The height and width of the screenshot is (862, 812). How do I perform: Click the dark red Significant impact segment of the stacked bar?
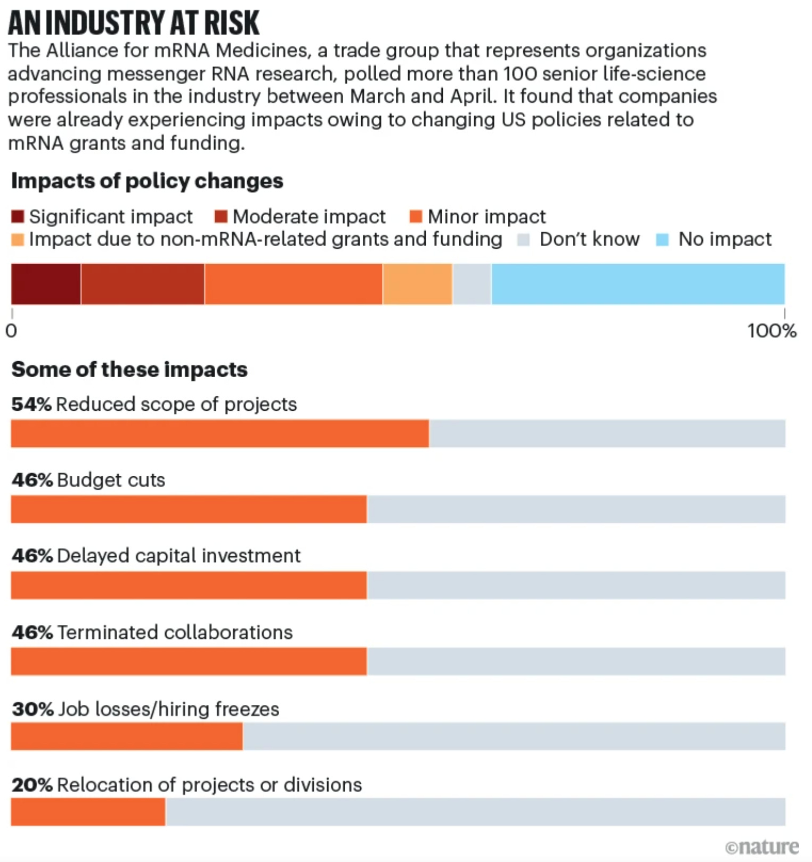click(x=46, y=284)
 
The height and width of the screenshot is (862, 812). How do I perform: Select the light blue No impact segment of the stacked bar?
click(x=638, y=284)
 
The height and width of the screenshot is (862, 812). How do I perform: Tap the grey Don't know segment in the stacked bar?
click(x=472, y=284)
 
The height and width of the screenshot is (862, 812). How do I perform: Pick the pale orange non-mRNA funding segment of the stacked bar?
click(x=417, y=284)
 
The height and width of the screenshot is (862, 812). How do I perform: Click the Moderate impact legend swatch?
click(x=221, y=217)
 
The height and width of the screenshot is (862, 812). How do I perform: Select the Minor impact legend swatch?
click(x=416, y=217)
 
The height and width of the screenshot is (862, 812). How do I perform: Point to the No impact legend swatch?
click(x=662, y=240)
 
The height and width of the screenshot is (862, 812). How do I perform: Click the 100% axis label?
click(x=772, y=331)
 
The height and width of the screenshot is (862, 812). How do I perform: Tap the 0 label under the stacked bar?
click(x=11, y=331)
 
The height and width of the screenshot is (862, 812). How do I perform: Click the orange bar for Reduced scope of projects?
click(x=220, y=433)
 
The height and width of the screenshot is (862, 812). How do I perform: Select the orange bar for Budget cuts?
click(x=189, y=509)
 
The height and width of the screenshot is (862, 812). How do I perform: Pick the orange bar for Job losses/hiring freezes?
click(x=127, y=736)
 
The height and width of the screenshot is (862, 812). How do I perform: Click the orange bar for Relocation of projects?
click(x=88, y=812)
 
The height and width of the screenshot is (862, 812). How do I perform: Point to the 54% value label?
click(x=31, y=404)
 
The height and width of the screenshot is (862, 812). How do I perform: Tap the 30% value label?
click(x=33, y=709)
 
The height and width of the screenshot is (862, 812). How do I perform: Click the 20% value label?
click(x=32, y=785)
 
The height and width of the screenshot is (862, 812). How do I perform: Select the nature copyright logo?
click(x=762, y=847)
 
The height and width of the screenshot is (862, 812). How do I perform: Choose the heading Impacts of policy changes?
click(x=147, y=181)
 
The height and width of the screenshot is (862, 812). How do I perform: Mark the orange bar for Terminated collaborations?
click(x=189, y=661)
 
